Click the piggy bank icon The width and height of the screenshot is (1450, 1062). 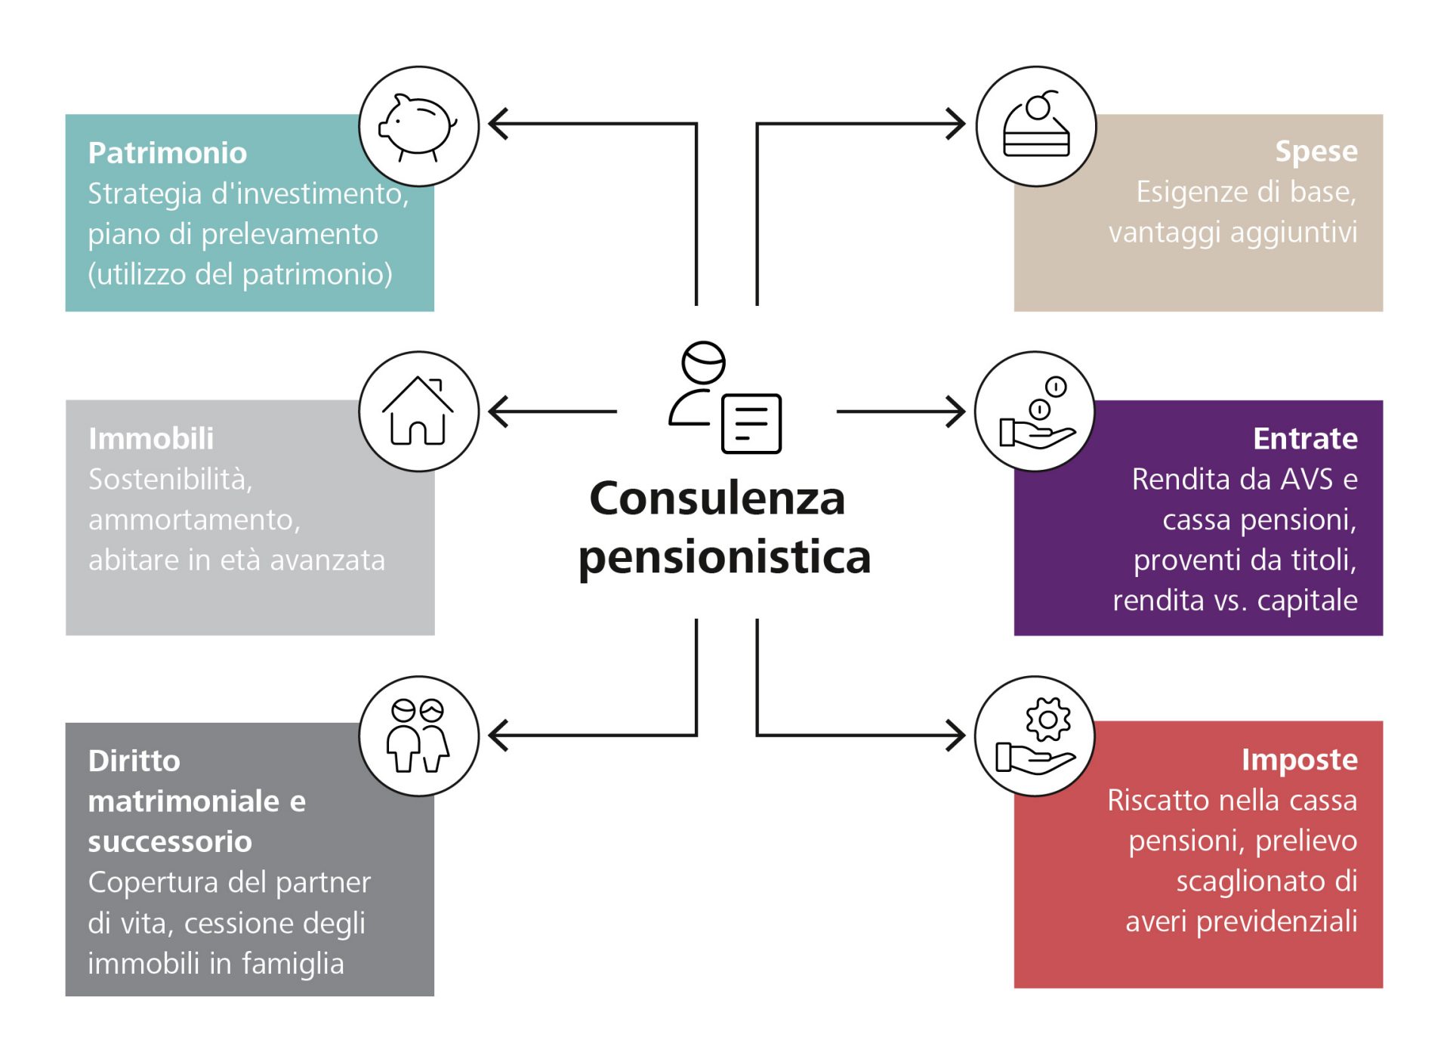tap(418, 126)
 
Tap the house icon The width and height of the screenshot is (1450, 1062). tap(418, 412)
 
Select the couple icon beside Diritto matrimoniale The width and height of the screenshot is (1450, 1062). tap(418, 736)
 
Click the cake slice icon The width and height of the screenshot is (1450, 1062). tap(1036, 126)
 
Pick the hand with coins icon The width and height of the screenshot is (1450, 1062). tap(1035, 412)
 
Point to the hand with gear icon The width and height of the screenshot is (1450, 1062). tap(1035, 736)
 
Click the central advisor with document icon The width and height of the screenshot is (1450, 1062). tap(725, 398)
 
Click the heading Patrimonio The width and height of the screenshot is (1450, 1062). tap(168, 153)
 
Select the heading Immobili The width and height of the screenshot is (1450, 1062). tap(151, 439)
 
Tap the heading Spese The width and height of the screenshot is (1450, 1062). tap(1316, 152)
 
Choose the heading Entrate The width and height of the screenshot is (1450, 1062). tap(1305, 439)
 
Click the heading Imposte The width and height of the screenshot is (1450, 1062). tap(1299, 760)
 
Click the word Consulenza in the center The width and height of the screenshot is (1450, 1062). tap(717, 499)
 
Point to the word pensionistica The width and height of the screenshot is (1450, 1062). tap(724, 557)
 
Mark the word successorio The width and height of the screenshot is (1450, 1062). tap(170, 841)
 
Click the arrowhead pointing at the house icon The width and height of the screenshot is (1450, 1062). tap(498, 412)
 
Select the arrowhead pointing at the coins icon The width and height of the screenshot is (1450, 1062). tap(956, 412)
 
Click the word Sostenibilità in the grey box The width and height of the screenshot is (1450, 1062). tap(170, 480)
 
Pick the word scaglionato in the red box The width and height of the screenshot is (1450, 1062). tap(1250, 881)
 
